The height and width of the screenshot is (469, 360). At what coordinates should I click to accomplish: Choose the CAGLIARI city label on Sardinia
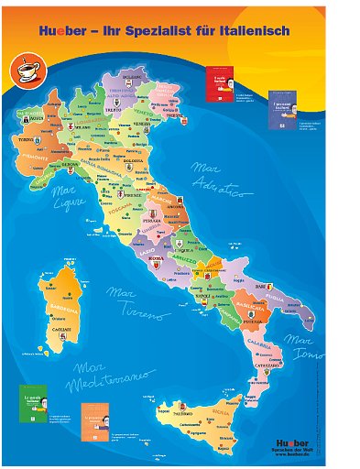[61, 328]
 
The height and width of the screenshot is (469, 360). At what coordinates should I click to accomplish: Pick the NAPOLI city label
[202, 296]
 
